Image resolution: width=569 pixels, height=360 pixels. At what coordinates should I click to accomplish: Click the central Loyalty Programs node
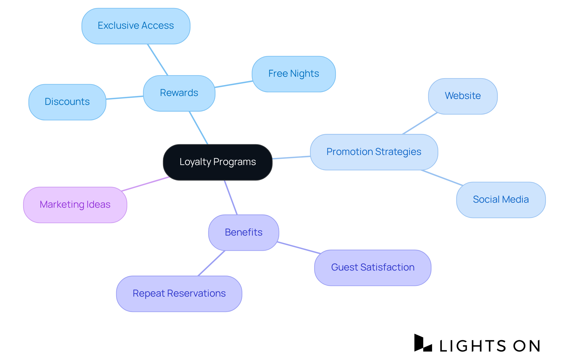tap(218, 162)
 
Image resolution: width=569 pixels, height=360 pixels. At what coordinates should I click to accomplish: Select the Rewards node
tap(179, 93)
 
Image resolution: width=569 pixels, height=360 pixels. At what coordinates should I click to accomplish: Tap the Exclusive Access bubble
tap(136, 26)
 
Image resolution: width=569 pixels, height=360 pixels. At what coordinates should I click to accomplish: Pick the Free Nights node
tap(293, 74)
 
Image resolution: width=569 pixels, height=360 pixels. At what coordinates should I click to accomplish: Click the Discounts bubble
tap(67, 102)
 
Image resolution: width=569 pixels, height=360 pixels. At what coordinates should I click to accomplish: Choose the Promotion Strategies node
tap(374, 152)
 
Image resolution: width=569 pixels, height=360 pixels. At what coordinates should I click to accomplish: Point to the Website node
tap(463, 96)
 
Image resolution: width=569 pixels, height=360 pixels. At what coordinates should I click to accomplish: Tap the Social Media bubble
tap(501, 200)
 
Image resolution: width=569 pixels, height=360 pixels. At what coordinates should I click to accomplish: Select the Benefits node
tap(244, 233)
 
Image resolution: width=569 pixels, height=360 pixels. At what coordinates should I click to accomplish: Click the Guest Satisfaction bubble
tap(373, 268)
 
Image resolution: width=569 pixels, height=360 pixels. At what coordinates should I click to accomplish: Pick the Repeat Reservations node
tap(179, 294)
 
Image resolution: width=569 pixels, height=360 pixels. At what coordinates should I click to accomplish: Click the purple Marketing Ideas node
tap(75, 205)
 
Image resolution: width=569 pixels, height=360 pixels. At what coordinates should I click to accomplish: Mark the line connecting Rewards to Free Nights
tap(234, 84)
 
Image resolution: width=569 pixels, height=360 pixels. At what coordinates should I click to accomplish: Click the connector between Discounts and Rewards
tap(125, 97)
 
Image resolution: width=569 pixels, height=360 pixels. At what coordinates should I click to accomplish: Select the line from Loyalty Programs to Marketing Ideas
tap(145, 184)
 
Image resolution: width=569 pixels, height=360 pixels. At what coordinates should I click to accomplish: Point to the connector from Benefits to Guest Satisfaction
tap(299, 248)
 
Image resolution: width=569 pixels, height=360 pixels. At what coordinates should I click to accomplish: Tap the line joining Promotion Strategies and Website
tap(420, 123)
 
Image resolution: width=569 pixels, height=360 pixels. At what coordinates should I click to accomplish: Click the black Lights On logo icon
tap(423, 343)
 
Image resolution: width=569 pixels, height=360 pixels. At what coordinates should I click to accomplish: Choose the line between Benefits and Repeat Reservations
tap(212, 263)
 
